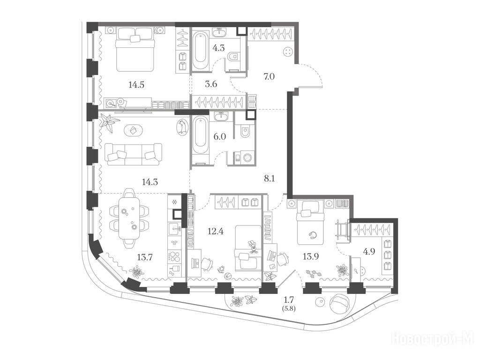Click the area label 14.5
[136, 85]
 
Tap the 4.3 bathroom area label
[218, 48]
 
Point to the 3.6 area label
[211, 84]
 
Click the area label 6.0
[219, 136]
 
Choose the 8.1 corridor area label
[269, 178]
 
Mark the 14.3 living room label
[150, 182]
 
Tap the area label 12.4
[216, 231]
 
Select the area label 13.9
[311, 256]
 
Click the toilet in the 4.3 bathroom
[233, 56]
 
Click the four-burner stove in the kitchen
[175, 256]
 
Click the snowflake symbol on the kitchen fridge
[175, 202]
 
